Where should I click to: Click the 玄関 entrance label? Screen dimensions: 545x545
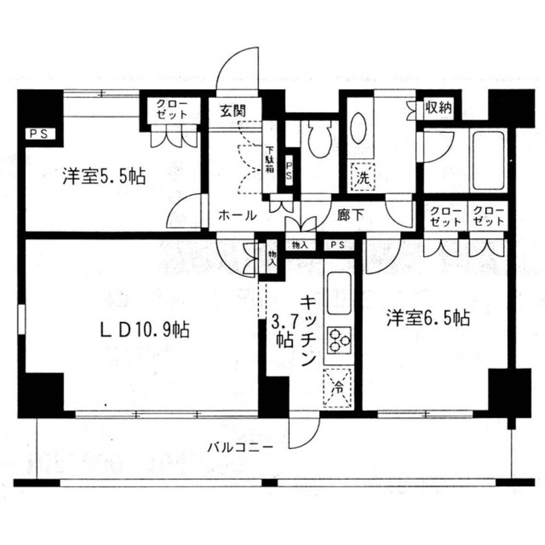point(233,111)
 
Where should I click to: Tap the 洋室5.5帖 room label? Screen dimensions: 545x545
point(104,176)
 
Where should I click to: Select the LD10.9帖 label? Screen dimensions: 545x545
point(145,330)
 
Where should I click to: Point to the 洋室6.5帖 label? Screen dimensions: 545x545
point(428,318)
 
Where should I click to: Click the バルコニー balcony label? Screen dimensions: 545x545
point(240,447)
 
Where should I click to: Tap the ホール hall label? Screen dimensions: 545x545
point(238,216)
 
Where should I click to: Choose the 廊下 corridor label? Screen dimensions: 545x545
point(350,215)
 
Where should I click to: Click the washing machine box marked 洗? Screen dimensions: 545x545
point(363,177)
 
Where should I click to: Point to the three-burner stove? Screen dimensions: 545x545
point(339,340)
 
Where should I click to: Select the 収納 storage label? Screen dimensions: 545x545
point(439,108)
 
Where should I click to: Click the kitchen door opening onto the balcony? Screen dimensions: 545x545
point(304,431)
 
